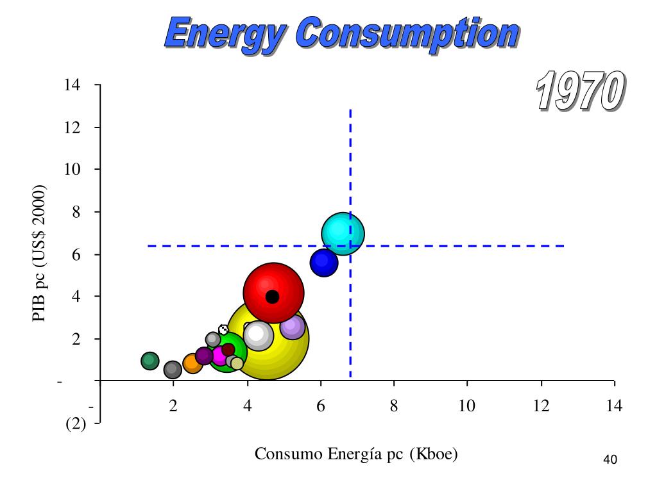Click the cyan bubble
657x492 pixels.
(x=343, y=233)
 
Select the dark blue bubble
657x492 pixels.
(x=324, y=261)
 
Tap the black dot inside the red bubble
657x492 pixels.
(x=272, y=297)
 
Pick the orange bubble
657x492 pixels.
(x=192, y=364)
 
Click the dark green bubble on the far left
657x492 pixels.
(x=149, y=361)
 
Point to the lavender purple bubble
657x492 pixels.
(x=293, y=326)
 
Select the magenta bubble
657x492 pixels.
(x=219, y=356)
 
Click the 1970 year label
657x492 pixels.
(x=578, y=91)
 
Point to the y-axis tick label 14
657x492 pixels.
(x=72, y=85)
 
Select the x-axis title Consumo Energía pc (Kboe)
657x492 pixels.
(x=356, y=454)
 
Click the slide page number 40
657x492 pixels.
(x=610, y=459)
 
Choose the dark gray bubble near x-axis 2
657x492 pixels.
(x=173, y=370)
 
